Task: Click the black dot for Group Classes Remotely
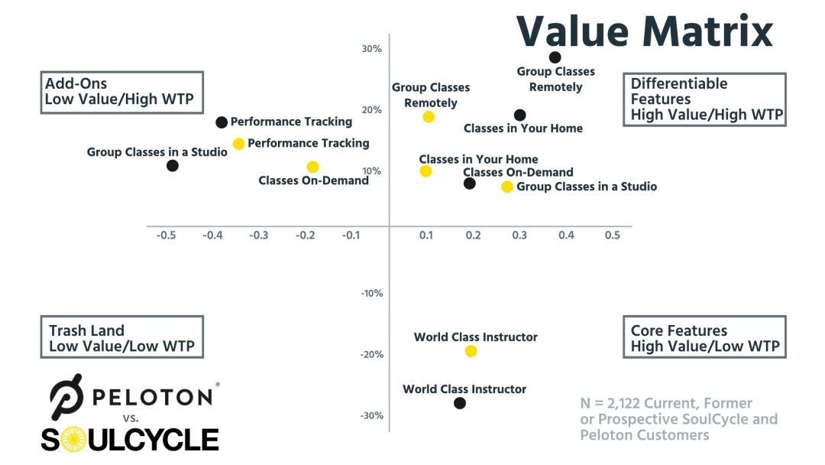[x=555, y=57]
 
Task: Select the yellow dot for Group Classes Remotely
[x=429, y=117]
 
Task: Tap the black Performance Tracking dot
[x=222, y=122]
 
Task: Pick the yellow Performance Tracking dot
[x=238, y=144]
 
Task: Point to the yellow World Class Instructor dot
[x=471, y=351]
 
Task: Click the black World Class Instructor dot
[x=459, y=403]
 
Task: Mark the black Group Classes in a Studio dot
[x=173, y=165]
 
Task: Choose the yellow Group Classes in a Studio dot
[x=507, y=187]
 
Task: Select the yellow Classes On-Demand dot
[x=312, y=167]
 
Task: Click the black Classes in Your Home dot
[x=519, y=115]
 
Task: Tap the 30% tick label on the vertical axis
[x=371, y=49]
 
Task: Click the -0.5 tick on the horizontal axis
[x=167, y=236]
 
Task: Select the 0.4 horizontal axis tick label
[x=566, y=236]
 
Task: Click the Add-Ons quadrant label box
[x=122, y=92]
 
